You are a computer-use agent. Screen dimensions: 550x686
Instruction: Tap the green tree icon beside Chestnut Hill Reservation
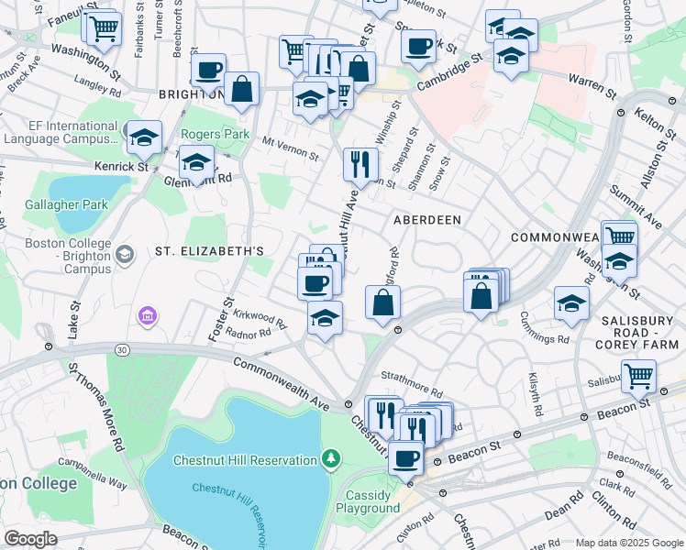330,457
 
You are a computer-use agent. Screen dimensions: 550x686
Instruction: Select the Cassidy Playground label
368,500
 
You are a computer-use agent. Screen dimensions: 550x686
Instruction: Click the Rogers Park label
216,135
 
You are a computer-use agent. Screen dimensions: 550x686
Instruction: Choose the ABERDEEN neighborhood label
426,221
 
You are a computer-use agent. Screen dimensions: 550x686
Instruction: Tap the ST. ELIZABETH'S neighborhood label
209,250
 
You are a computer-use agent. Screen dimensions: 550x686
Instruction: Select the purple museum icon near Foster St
147,317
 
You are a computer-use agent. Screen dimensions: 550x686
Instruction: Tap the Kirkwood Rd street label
260,318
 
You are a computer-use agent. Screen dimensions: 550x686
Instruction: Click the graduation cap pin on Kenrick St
144,138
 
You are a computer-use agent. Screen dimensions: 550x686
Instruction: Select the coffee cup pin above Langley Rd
208,69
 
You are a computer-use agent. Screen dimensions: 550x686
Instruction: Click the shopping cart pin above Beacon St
638,374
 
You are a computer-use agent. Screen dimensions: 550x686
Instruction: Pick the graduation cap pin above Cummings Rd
571,302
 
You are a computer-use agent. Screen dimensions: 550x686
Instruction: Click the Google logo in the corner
30,539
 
